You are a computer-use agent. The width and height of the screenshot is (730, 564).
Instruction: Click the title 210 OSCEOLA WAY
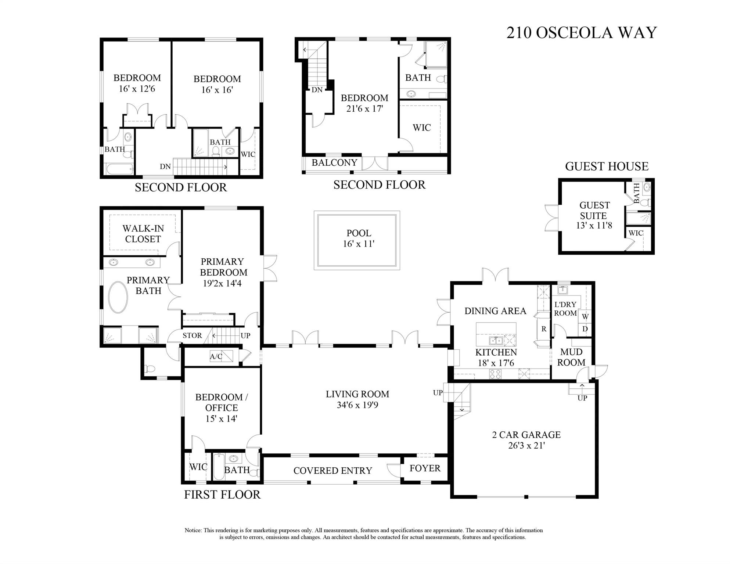pyautogui.click(x=581, y=33)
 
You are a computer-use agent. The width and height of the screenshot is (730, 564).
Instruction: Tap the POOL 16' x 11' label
pyautogui.click(x=359, y=238)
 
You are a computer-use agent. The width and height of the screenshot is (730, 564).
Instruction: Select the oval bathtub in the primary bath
pyautogui.click(x=118, y=297)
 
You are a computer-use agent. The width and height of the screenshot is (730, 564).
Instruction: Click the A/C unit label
pyautogui.click(x=216, y=356)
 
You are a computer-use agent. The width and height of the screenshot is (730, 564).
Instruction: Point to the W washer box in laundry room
pyautogui.click(x=585, y=316)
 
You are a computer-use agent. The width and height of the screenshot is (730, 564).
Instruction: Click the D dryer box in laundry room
pyautogui.click(x=585, y=329)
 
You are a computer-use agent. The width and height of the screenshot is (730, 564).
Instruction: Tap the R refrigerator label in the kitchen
pyautogui.click(x=544, y=329)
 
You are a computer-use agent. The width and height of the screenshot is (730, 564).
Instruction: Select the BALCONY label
pyautogui.click(x=334, y=162)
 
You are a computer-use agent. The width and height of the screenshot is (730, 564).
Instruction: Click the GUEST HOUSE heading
pyautogui.click(x=607, y=166)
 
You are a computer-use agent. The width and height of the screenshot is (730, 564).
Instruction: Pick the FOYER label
pyautogui.click(x=425, y=468)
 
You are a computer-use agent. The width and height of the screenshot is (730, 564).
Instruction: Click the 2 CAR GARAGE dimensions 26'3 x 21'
pyautogui.click(x=526, y=446)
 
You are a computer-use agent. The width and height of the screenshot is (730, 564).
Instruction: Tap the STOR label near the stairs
pyautogui.click(x=192, y=335)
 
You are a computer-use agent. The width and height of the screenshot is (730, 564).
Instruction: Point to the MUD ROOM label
pyautogui.click(x=571, y=357)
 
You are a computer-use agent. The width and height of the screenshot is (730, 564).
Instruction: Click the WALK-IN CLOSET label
pyautogui.click(x=143, y=234)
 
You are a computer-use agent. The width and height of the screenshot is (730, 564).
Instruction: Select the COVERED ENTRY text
pyautogui.click(x=332, y=471)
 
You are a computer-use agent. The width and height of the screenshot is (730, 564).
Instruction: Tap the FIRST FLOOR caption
pyautogui.click(x=222, y=495)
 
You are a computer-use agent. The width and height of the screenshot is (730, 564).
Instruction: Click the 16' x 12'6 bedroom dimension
pyautogui.click(x=137, y=89)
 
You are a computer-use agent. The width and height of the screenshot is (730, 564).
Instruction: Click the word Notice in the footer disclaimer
pyautogui.click(x=193, y=531)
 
